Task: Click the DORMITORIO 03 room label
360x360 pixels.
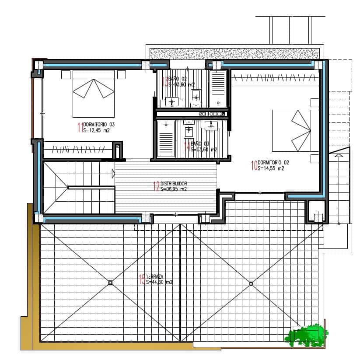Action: tap(99, 124)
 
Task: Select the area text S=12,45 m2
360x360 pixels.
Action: tap(96, 130)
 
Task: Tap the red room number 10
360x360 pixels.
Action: tap(254, 165)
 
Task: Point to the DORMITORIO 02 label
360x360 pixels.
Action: tap(273, 162)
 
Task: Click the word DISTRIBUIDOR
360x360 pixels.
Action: tap(174, 184)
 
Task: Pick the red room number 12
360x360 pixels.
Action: tap(156, 187)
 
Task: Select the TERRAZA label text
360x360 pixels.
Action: tap(155, 277)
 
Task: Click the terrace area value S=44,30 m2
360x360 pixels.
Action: tap(159, 283)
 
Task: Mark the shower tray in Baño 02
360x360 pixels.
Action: tap(218, 88)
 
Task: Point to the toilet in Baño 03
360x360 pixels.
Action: tap(189, 130)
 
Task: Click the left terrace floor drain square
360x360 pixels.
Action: tap(110, 283)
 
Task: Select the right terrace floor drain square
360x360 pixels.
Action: tap(251, 283)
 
